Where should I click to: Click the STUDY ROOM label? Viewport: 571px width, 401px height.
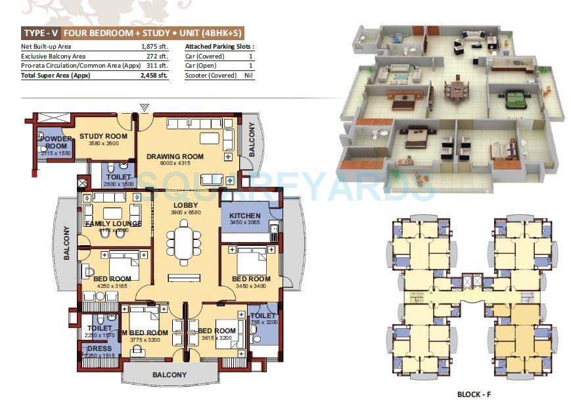click(103, 136)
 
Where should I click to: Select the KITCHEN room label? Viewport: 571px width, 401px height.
click(245, 216)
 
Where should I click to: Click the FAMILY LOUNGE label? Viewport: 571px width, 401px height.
click(113, 224)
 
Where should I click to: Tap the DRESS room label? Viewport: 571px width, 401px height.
click(99, 348)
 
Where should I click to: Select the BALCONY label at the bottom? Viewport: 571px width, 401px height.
click(170, 375)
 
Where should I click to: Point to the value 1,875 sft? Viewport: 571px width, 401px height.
click(154, 47)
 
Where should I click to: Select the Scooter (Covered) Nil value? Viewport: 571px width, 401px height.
click(249, 76)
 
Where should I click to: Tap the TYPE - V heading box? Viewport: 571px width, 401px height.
click(41, 32)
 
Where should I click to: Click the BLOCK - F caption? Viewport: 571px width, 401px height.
click(474, 394)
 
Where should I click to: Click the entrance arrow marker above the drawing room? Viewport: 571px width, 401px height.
click(144, 107)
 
